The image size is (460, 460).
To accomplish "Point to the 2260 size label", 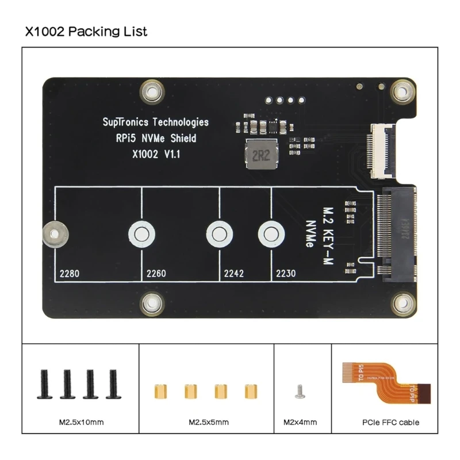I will tap(156, 274).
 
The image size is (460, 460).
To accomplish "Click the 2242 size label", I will tap(233, 274).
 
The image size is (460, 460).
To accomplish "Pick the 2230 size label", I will tap(286, 274).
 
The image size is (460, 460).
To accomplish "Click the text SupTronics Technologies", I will tap(155, 122).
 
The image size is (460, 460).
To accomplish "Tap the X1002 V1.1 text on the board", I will tap(156, 154).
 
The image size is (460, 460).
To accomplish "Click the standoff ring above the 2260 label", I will tap(141, 233).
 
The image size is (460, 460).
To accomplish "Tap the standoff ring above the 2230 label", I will tap(269, 233).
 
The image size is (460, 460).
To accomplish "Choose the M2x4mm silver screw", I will tap(298, 392).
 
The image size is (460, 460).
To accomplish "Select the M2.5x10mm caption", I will tap(81, 423).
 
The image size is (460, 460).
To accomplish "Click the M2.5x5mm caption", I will tap(209, 423).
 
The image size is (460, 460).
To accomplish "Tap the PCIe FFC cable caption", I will tap(390, 423).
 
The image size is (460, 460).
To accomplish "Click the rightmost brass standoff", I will tap(250, 391).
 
